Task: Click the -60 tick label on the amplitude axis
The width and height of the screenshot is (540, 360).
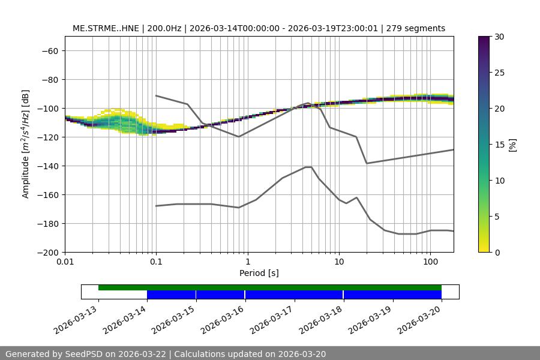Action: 49,50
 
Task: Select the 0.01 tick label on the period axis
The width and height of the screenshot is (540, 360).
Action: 65,262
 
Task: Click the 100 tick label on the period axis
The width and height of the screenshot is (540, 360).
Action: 430,262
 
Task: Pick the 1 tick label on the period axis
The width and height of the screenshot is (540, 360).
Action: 247,262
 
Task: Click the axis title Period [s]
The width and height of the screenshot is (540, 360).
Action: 259,273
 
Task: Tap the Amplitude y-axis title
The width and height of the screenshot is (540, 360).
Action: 26,144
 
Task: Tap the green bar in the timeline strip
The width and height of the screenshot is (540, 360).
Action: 270,287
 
